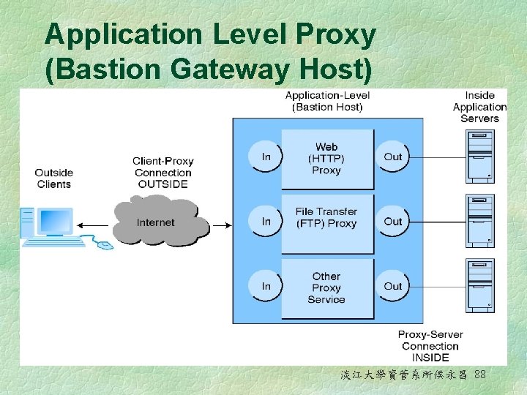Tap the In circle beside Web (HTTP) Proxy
(x=266, y=157)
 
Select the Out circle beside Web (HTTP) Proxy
(x=393, y=157)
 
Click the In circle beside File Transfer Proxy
(x=266, y=221)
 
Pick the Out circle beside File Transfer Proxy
(x=393, y=221)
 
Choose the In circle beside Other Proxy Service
(x=266, y=286)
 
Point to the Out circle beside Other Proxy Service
(x=393, y=286)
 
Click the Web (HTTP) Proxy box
(x=327, y=159)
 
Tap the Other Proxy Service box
(x=327, y=287)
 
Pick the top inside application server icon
(x=480, y=156)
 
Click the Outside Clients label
(x=54, y=178)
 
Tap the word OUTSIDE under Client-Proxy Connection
(x=163, y=184)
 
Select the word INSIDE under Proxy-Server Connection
(x=430, y=358)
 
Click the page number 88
(x=480, y=375)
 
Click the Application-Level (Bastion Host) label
(x=327, y=101)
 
